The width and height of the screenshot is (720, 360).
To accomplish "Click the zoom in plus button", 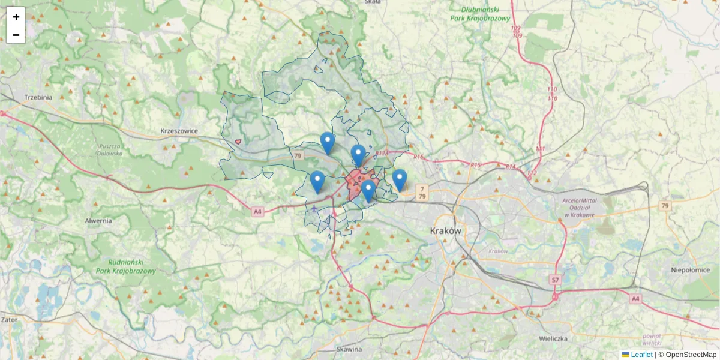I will (16, 17).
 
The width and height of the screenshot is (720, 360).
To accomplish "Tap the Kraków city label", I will (445, 231).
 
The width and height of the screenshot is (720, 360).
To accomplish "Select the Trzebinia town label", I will (38, 97).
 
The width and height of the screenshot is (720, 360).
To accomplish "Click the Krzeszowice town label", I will (179, 131).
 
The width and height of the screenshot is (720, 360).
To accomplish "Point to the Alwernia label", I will (98, 220).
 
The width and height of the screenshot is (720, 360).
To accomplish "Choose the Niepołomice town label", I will (691, 270).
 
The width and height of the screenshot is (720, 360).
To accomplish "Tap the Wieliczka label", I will (553, 338).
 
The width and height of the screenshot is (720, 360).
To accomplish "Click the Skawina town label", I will (349, 349).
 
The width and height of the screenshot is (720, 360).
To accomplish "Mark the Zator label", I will (9, 320).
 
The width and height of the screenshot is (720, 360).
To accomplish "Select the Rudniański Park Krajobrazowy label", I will (126, 266).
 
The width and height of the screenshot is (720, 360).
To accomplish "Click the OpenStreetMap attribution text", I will (691, 355).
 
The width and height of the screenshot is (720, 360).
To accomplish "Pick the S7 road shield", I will (555, 280).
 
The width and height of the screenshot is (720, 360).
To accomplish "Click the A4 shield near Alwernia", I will (257, 211).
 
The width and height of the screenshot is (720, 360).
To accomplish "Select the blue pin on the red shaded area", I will (368, 190).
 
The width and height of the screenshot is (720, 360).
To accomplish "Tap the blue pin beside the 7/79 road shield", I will (400, 179).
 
